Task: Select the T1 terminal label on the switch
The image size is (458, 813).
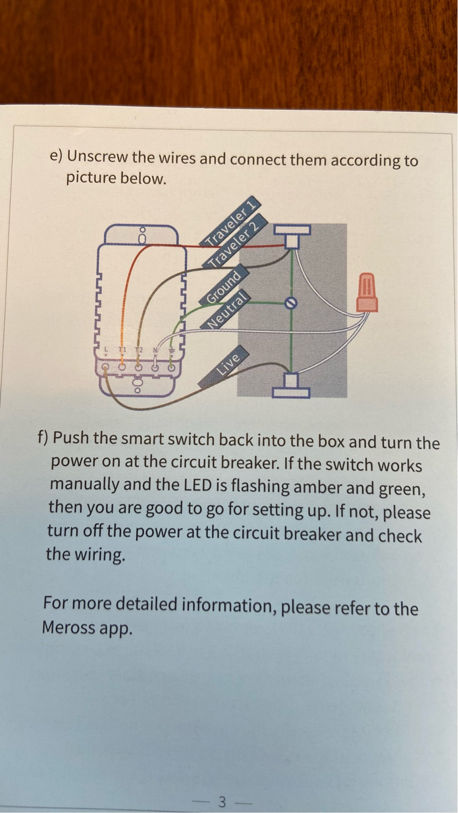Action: point(122,349)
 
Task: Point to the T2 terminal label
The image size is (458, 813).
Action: point(139,349)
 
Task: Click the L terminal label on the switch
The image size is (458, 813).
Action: point(106,349)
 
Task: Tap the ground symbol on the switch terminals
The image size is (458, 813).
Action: point(171,350)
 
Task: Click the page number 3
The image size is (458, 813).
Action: point(222,802)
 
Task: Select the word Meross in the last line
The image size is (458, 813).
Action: point(68,627)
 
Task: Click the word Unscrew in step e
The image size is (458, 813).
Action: point(98,157)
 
